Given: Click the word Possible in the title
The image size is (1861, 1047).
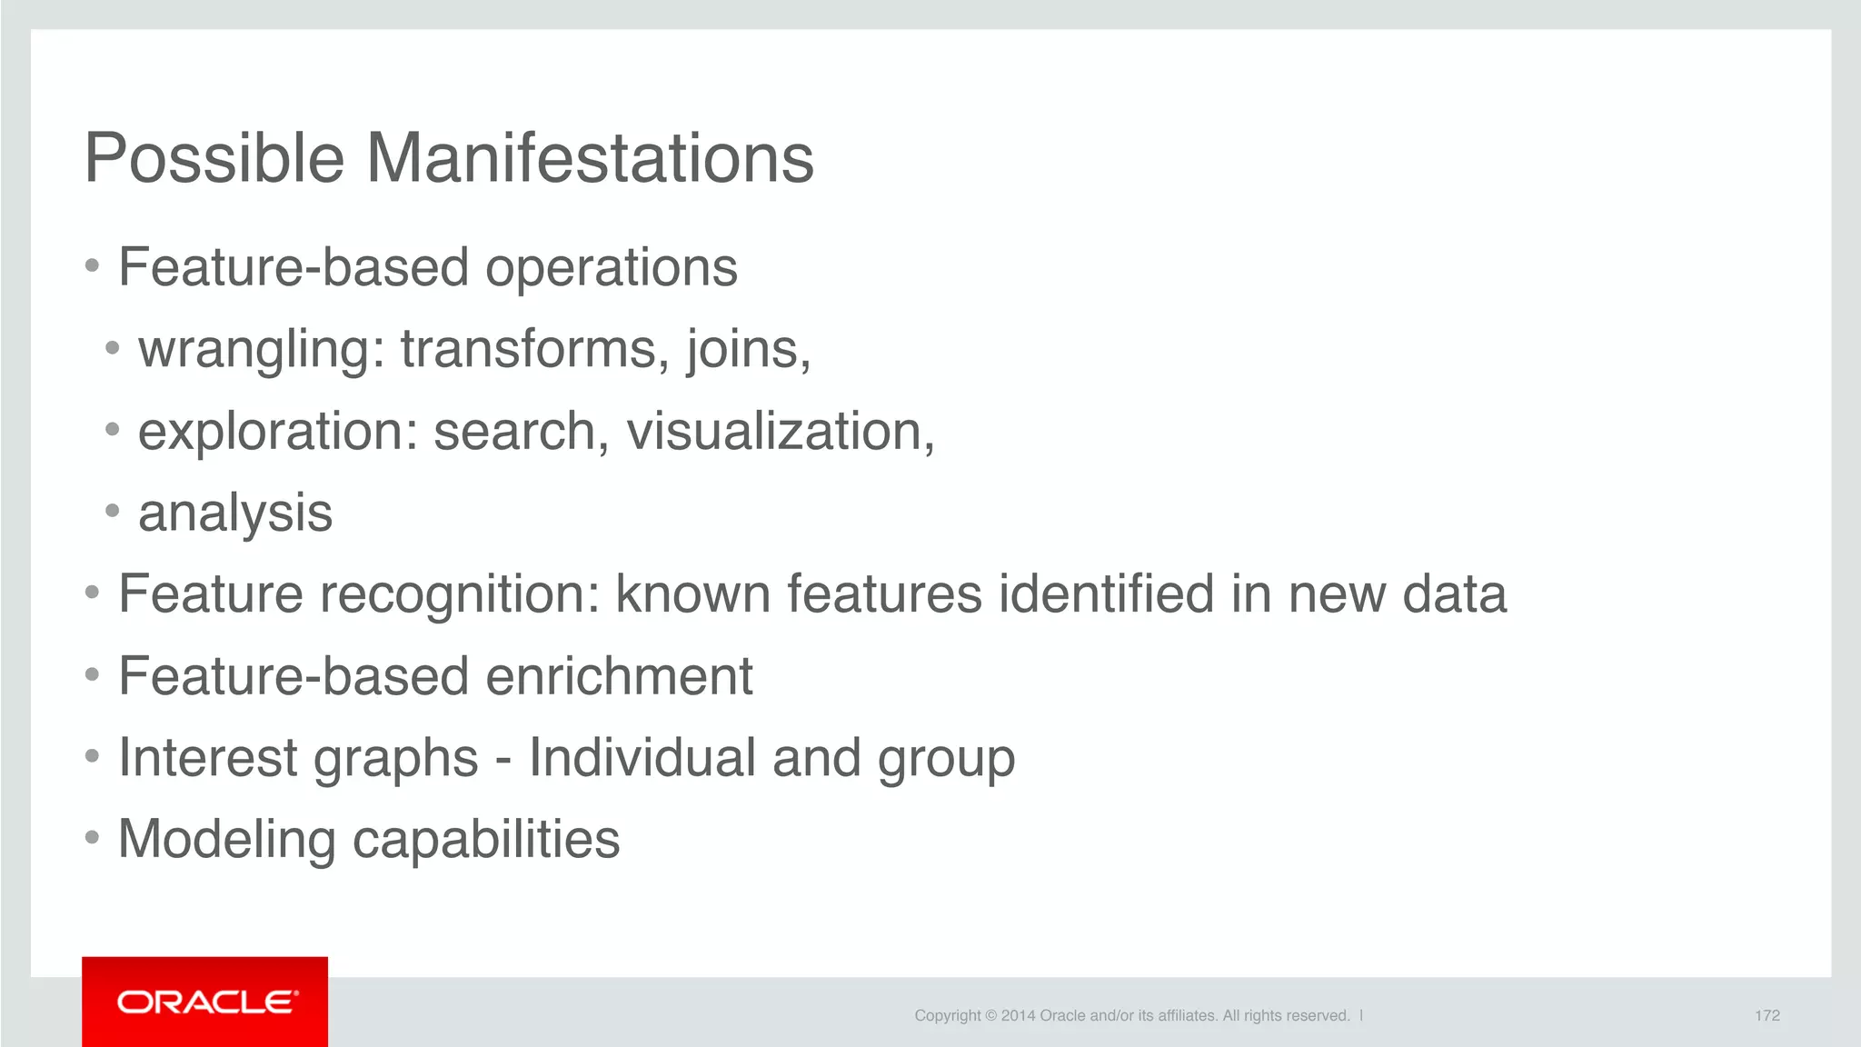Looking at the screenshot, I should [214, 158].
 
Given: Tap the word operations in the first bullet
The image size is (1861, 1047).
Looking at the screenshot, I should [611, 267].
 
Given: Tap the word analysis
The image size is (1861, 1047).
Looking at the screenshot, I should [235, 514].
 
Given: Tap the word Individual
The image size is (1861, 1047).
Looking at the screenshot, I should [642, 758].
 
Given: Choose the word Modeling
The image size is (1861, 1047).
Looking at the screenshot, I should [226, 840].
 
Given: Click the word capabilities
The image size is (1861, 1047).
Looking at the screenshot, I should [485, 840].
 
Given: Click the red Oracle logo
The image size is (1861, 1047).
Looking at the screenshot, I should [205, 1002].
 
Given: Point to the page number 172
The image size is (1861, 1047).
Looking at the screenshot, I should [1766, 1015].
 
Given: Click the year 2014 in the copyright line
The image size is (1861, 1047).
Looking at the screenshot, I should [1018, 1015].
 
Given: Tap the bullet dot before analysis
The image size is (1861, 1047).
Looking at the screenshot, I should [112, 511].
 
